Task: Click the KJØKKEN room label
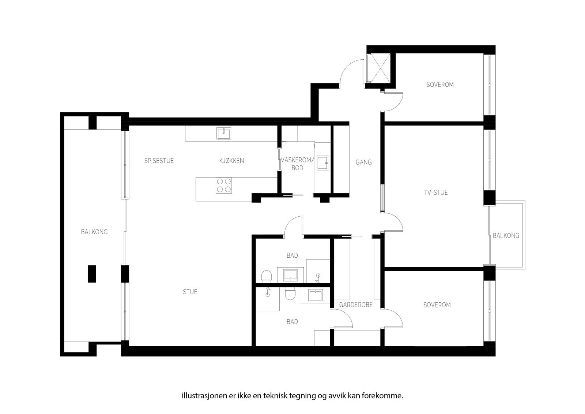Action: pyautogui.click(x=231, y=161)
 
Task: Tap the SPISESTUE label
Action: pyautogui.click(x=159, y=161)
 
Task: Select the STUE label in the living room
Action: pyautogui.click(x=190, y=292)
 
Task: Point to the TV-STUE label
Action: pyautogui.click(x=435, y=193)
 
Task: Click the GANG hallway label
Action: pyautogui.click(x=363, y=162)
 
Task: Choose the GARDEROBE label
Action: pyautogui.click(x=355, y=305)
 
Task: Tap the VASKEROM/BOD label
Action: pyautogui.click(x=297, y=164)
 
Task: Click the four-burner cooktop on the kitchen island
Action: pyautogui.click(x=223, y=185)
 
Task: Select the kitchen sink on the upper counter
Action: pyautogui.click(x=223, y=133)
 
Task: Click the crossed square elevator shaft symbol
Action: pyautogui.click(x=380, y=68)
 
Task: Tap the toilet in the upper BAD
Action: pyautogui.click(x=267, y=276)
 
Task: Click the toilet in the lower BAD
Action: pyautogui.click(x=290, y=294)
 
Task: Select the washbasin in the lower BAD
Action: pyautogui.click(x=315, y=296)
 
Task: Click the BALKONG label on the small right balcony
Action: pyautogui.click(x=506, y=236)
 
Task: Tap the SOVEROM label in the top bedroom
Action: pyautogui.click(x=440, y=85)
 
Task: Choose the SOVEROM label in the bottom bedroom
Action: pyautogui.click(x=437, y=305)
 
